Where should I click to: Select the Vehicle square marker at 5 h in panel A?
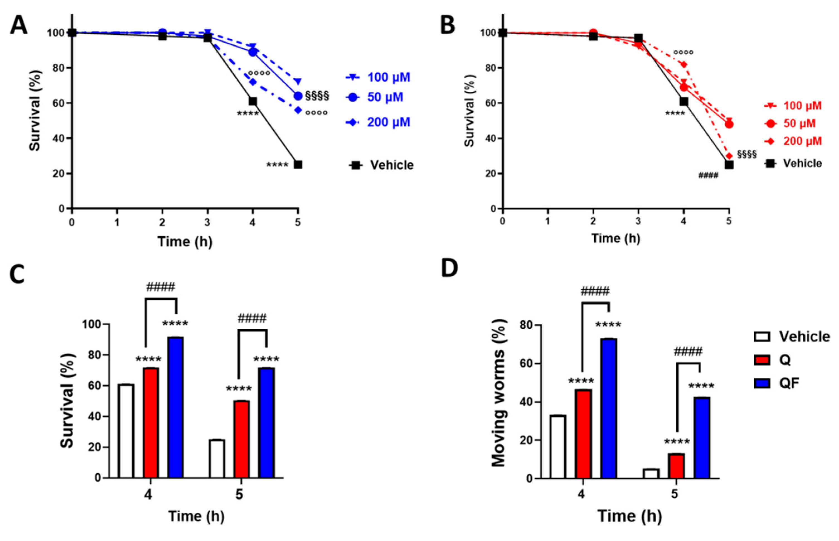point(298,164)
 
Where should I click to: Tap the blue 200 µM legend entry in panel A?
point(378,122)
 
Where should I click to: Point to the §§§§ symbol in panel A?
point(317,96)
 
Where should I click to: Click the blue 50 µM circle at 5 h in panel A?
point(298,96)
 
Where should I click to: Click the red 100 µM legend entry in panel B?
point(793,106)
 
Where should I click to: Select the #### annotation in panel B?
point(708,175)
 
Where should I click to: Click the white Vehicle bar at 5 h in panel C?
point(217,459)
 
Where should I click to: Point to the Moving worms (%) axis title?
point(498,393)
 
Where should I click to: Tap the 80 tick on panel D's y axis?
point(526,326)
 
